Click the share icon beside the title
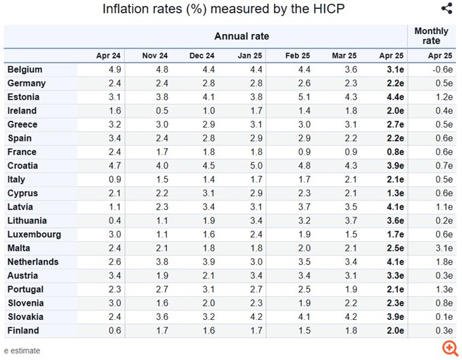[x=446, y=9]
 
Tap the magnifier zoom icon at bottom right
[x=448, y=348]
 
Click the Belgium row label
[x=25, y=69]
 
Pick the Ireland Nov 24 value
[x=156, y=111]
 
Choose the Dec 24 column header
[x=202, y=56]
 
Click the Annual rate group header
[x=242, y=36]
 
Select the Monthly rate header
[x=431, y=36]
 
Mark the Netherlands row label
[x=32, y=262]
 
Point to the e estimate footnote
[x=22, y=350]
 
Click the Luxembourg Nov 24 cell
[x=156, y=234]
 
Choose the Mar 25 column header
[x=344, y=56]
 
